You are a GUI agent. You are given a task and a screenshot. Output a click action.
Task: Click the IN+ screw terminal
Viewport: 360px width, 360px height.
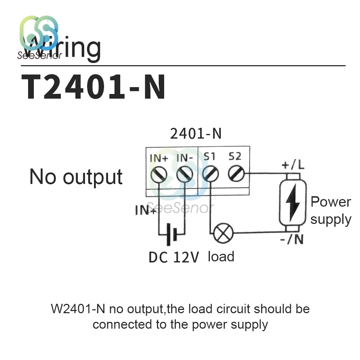(159, 175)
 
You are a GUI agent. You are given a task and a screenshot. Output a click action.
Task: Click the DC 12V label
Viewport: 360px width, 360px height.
(174, 257)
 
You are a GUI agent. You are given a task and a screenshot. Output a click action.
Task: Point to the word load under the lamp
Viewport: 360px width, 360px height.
(221, 257)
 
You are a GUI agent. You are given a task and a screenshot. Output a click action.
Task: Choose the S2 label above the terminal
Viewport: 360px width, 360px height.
(235, 156)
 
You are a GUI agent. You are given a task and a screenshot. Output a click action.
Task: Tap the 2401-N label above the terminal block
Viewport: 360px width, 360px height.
(195, 134)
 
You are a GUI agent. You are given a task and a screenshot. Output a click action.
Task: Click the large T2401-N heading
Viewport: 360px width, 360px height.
(94, 87)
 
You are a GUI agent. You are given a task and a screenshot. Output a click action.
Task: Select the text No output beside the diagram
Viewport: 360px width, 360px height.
(76, 177)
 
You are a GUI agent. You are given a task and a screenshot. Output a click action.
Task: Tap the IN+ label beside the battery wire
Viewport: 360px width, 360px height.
(145, 210)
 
